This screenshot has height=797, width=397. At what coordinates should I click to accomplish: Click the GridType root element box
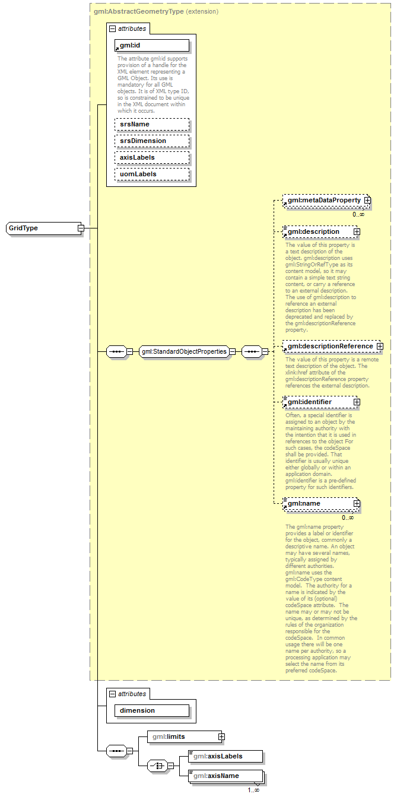(42, 228)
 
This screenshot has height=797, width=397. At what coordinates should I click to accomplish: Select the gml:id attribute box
(152, 46)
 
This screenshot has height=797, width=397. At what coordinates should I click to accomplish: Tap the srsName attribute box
(152, 125)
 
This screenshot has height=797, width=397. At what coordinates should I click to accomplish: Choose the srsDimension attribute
(152, 141)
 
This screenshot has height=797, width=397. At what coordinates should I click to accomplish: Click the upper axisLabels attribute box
(152, 158)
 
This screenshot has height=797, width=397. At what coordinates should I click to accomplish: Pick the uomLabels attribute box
(152, 174)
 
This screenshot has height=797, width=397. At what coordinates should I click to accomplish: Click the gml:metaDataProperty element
(324, 201)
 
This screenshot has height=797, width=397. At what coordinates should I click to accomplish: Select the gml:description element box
(318, 231)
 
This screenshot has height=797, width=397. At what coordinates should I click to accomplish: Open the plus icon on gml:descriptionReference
(379, 346)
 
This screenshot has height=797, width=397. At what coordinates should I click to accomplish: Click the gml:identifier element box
(318, 402)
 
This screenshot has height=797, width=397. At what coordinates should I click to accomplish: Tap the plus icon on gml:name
(357, 503)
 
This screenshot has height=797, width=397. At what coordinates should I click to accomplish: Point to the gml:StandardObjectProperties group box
(184, 351)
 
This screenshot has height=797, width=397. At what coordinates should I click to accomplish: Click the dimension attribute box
(152, 710)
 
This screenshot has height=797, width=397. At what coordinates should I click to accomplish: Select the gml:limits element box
(177, 736)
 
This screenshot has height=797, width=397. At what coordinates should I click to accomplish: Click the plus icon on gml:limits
(221, 736)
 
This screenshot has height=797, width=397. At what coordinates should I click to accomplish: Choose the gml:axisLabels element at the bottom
(224, 757)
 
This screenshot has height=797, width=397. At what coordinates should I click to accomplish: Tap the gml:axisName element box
(224, 776)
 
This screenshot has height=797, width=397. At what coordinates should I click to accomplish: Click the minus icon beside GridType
(80, 228)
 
